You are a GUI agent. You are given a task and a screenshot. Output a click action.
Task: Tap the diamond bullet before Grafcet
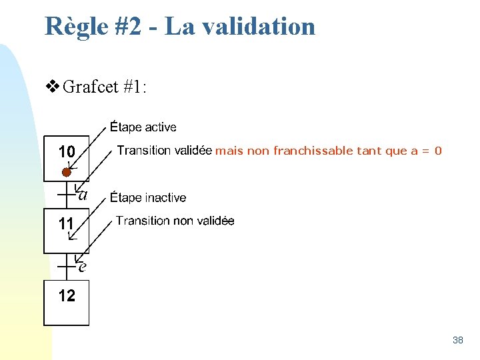coord(52,87)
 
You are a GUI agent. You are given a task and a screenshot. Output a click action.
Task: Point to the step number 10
coord(67,152)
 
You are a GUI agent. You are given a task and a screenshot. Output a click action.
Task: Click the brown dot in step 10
coord(66,173)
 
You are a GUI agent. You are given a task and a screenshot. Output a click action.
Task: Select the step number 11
coord(66,223)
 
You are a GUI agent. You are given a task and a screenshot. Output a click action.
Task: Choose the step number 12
coord(67,295)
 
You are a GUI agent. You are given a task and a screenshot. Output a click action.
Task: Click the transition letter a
coord(83,195)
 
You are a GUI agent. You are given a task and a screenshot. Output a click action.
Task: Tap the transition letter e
coord(82,267)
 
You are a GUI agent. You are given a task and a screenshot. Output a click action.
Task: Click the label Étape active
coord(143,127)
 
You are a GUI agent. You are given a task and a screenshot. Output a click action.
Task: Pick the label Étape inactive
coord(148,198)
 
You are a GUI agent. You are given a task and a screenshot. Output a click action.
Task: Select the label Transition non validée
coord(175,221)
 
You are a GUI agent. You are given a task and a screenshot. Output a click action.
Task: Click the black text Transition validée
coord(165,151)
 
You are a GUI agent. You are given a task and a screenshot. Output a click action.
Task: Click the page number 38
coord(457,340)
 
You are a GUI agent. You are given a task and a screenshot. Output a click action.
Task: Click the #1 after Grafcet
coord(137,87)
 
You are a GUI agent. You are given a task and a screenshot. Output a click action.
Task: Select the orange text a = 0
coord(427,151)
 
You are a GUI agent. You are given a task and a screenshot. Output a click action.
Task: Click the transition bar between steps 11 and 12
coord(66,266)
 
